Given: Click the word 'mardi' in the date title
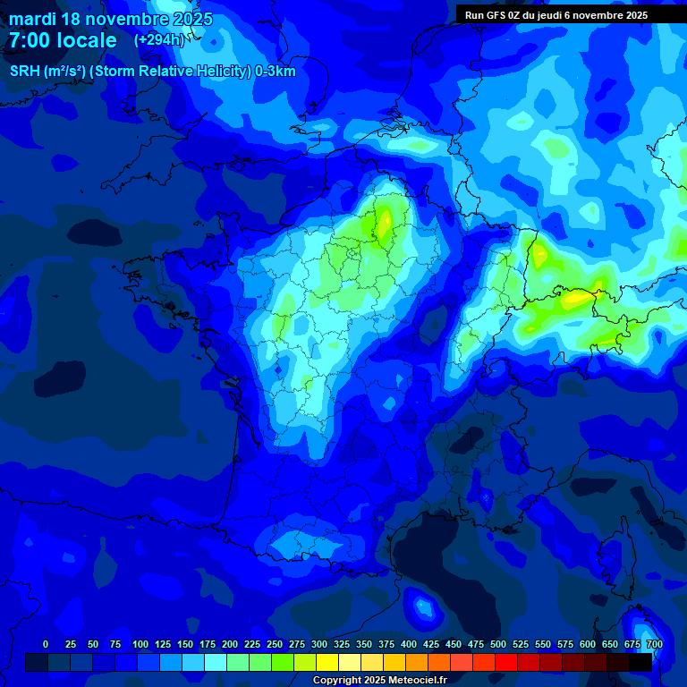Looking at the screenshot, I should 32,19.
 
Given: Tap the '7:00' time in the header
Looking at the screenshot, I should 28,41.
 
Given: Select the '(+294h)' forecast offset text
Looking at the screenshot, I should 159,40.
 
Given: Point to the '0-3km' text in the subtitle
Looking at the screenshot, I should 276,72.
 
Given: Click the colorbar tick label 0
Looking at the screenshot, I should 46,644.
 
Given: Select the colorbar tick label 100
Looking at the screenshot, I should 140,644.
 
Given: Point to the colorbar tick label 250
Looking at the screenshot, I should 275,644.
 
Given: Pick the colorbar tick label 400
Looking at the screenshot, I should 409,644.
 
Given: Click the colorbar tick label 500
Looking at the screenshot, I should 498,644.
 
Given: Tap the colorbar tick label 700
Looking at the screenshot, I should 654,644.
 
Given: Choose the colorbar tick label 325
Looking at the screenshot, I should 342,644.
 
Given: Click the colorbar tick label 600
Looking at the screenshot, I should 588,644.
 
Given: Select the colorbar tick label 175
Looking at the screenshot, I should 208,644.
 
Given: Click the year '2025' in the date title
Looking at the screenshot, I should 191,19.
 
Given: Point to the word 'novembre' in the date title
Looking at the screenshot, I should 124,19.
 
